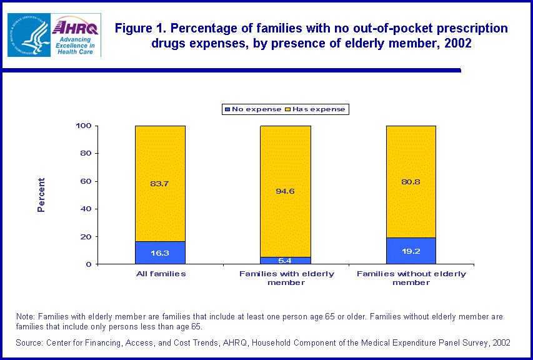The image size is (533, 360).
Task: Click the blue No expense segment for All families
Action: point(160,252)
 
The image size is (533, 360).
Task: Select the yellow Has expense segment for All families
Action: point(160,183)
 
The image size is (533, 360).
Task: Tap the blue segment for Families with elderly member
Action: point(286,261)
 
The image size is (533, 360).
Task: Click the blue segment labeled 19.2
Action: point(411,251)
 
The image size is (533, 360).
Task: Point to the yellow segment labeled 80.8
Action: point(411,181)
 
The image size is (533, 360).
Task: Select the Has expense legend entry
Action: point(315,109)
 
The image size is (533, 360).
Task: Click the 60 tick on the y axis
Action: point(86,181)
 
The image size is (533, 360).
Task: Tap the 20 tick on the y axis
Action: point(86,237)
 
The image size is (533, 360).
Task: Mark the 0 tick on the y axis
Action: point(89,264)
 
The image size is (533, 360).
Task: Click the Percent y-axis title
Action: point(41,195)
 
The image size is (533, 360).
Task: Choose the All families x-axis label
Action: point(160,274)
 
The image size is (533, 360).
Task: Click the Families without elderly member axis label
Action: point(411,278)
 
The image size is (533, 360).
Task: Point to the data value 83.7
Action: point(160,183)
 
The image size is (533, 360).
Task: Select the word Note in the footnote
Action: point(26,317)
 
